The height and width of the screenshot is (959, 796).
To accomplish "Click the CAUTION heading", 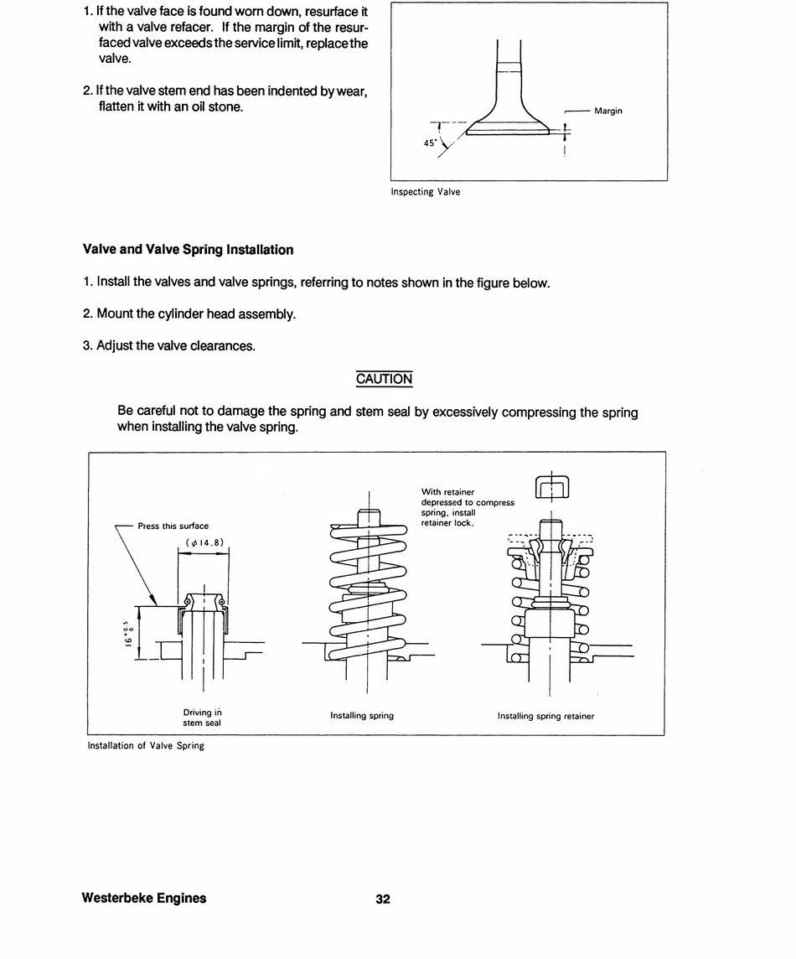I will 384,379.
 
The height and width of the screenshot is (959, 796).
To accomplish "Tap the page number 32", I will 383,899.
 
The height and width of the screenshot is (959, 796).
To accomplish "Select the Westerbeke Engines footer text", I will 144,898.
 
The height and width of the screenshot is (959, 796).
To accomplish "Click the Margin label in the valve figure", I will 607,111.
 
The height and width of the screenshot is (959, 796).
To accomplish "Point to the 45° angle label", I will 430,143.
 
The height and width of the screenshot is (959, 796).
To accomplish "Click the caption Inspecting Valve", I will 425,192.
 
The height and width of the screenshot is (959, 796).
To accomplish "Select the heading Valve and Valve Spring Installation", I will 188,250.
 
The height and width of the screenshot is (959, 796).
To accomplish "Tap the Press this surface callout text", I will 173,526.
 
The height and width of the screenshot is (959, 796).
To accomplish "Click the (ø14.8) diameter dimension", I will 204,542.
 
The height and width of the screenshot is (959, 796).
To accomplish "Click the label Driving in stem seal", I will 202,717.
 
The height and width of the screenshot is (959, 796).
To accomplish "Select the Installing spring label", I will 362,716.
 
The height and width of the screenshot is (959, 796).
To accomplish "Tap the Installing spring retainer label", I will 545,716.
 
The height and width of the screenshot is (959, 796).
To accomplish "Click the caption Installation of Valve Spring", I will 146,746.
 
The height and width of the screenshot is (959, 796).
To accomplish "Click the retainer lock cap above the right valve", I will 551,487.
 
